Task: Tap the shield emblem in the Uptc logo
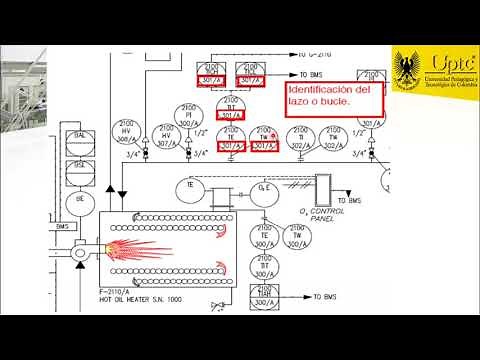(408, 67)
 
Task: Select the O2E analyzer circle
(266, 192)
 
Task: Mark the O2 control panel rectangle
(326, 186)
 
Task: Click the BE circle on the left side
(78, 199)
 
